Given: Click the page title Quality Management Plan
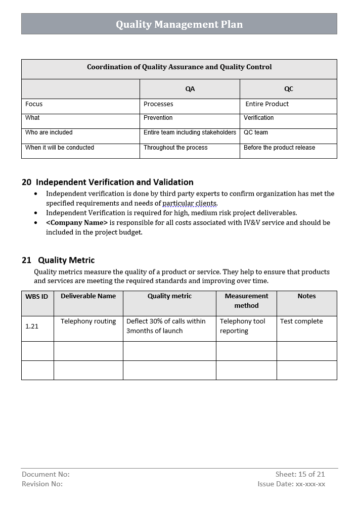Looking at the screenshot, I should (x=179, y=24).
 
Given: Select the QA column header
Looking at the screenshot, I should (x=190, y=89).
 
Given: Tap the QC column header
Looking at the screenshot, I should (x=288, y=89).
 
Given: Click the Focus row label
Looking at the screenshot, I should (x=34, y=104).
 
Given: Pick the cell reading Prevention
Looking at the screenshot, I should (x=158, y=118).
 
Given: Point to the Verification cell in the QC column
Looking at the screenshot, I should (x=258, y=118).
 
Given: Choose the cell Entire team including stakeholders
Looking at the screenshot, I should (x=190, y=132).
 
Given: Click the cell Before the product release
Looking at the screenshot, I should (x=279, y=148).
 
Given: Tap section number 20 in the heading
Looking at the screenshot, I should (x=26, y=182).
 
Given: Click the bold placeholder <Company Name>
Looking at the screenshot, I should (x=77, y=222).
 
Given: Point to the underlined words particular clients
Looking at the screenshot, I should (x=190, y=204).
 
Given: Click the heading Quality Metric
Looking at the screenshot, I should (x=66, y=260).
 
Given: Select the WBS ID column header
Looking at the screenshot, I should (x=37, y=297).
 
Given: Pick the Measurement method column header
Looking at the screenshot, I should (x=246, y=301).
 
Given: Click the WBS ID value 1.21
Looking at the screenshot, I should (x=32, y=327).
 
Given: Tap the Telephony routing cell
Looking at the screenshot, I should (x=88, y=321).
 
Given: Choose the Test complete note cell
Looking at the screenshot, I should (x=301, y=321).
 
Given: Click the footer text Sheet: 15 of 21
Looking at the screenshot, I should (x=300, y=474).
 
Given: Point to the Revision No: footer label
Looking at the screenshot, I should (x=42, y=484).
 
